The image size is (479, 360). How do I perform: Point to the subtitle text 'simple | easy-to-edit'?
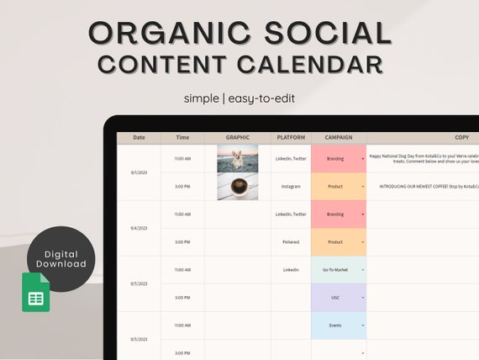(x=239, y=98)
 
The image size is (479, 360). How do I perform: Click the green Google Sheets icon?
(x=35, y=292)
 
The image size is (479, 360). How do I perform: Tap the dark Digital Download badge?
(x=61, y=258)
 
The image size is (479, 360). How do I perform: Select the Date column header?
(x=139, y=138)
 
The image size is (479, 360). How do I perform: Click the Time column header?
(x=182, y=138)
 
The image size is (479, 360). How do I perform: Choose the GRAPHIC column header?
(x=238, y=138)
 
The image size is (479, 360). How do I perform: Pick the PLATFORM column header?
(x=291, y=138)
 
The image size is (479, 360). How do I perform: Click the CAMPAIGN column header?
(x=339, y=138)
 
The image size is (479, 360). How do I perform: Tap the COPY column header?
(x=461, y=138)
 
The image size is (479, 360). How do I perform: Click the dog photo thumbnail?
(x=238, y=158)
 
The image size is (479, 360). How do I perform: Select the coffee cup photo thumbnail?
(x=238, y=186)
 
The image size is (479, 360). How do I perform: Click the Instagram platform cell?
(x=291, y=186)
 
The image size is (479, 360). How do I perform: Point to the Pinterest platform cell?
(x=291, y=242)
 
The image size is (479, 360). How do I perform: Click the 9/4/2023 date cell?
(x=139, y=228)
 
